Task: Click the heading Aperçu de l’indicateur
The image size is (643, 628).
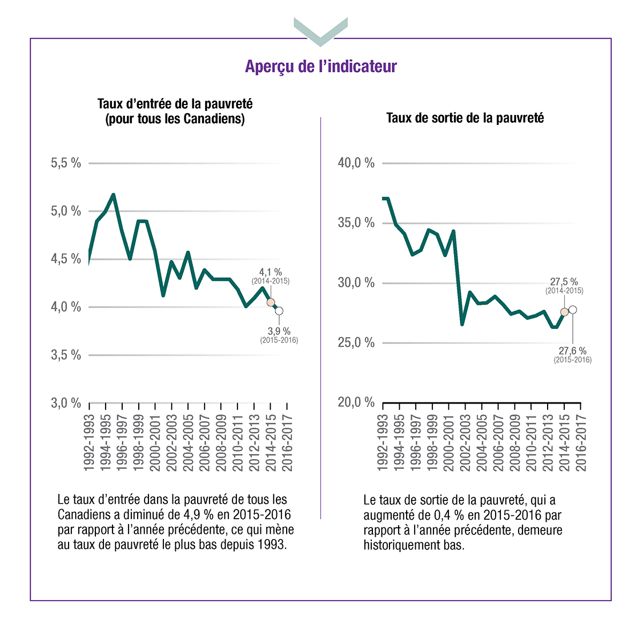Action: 321,66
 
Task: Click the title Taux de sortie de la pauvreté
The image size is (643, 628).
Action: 465,118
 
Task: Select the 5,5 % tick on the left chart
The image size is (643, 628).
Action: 66,163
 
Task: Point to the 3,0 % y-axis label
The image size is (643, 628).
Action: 66,403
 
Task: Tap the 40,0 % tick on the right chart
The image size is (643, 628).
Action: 356,163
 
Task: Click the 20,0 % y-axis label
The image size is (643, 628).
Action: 356,402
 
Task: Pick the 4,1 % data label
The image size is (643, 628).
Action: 271,273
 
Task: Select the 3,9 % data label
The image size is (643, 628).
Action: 279,332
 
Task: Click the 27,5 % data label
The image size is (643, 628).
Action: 564,282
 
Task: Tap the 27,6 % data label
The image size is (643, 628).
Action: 573,351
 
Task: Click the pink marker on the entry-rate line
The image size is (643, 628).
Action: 271,302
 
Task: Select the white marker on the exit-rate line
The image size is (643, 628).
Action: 573,310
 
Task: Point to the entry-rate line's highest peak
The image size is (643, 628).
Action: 113,195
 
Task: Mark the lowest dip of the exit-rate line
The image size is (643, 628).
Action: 462,324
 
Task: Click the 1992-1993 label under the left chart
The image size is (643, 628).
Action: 89,443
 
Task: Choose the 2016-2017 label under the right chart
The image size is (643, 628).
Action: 581,443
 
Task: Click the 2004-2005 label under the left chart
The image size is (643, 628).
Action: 188,443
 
